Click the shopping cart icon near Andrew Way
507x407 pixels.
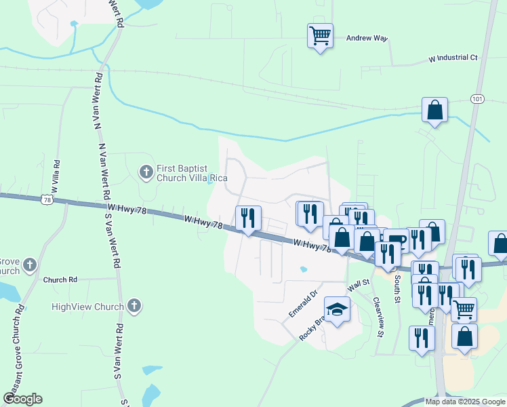click(319, 35)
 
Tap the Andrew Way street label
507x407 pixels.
click(367, 39)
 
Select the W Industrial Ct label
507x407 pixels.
click(453, 58)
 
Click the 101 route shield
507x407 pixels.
click(477, 98)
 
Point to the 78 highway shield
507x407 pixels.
click(46, 199)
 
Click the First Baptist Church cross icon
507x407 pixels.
click(146, 172)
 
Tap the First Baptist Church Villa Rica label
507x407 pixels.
click(192, 173)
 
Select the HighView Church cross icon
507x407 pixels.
click(134, 306)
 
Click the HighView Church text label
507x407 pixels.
click(87, 307)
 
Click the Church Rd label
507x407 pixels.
click(60, 279)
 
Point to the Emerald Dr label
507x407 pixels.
click(303, 304)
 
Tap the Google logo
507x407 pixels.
click(22, 399)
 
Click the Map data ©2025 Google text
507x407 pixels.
click(464, 402)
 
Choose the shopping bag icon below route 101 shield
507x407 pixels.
click(434, 111)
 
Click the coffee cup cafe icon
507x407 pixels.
click(396, 241)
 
